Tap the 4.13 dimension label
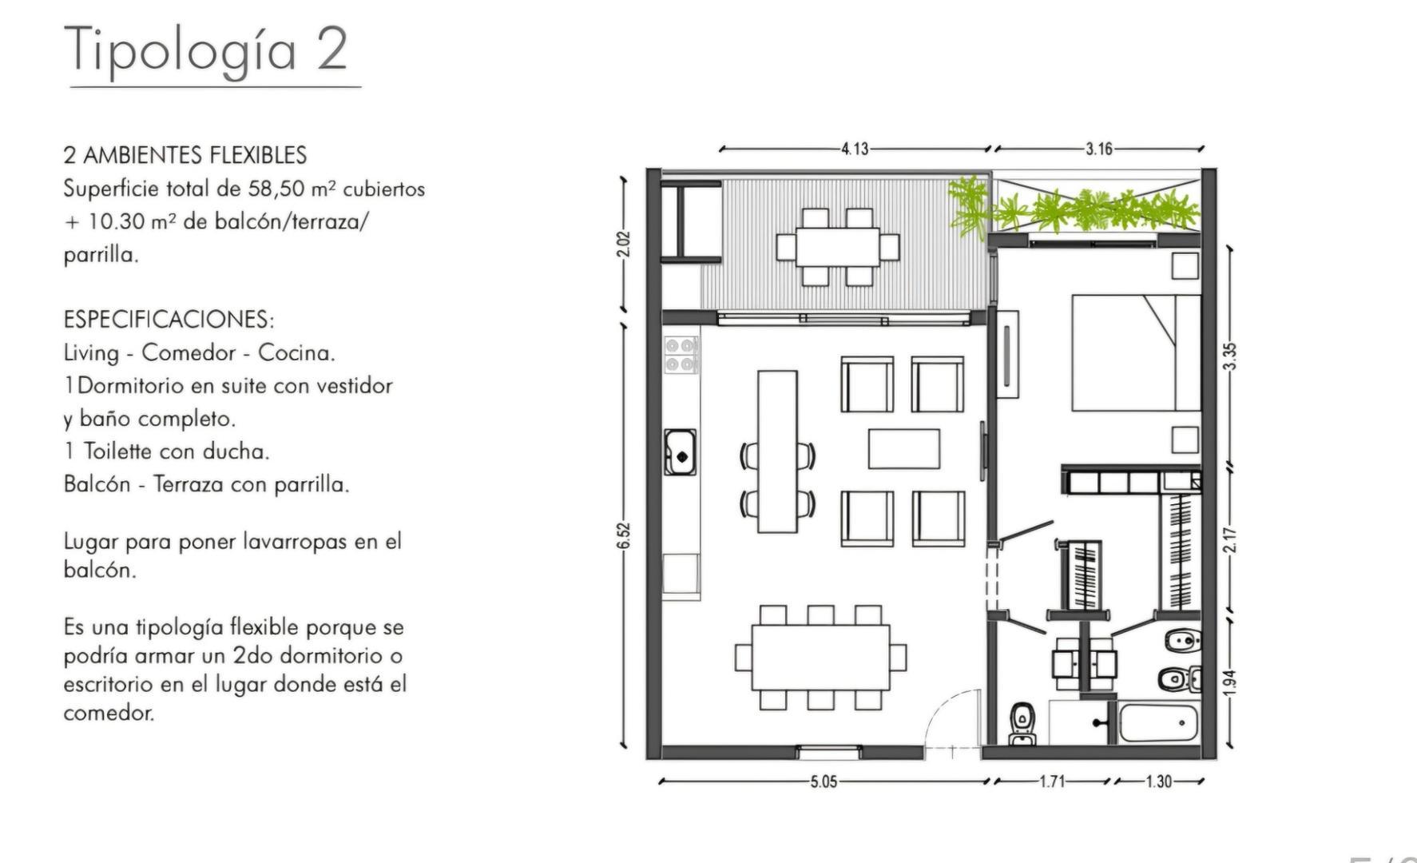854,149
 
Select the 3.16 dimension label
1098,149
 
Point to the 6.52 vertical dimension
624,535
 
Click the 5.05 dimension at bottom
824,781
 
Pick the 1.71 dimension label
1052,781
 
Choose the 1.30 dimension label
1158,781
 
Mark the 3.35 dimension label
1230,356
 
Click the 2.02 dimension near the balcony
624,244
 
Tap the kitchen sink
680,452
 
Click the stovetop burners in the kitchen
681,355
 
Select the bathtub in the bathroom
1158,724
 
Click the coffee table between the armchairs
903,449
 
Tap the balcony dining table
837,247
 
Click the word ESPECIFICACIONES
169,320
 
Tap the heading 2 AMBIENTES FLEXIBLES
185,155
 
